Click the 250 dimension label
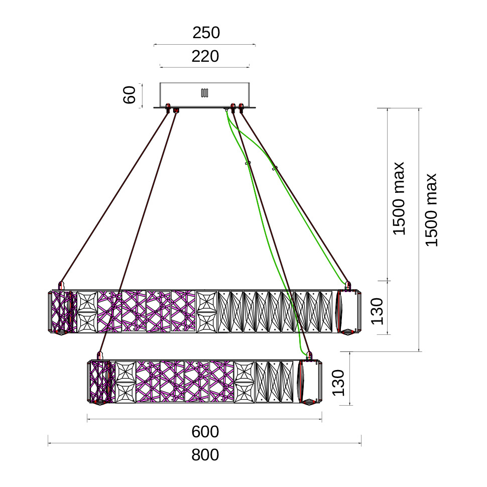pos(206,33)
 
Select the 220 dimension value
pos(205,56)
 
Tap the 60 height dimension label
pos(130,95)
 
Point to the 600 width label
pos(205,432)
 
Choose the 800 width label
pos(205,455)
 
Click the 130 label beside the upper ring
pos(378,311)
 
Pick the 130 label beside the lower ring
pos(338,383)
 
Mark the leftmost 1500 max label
pos(399,198)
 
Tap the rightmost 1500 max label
pos(431,210)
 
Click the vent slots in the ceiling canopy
pos(204,93)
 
